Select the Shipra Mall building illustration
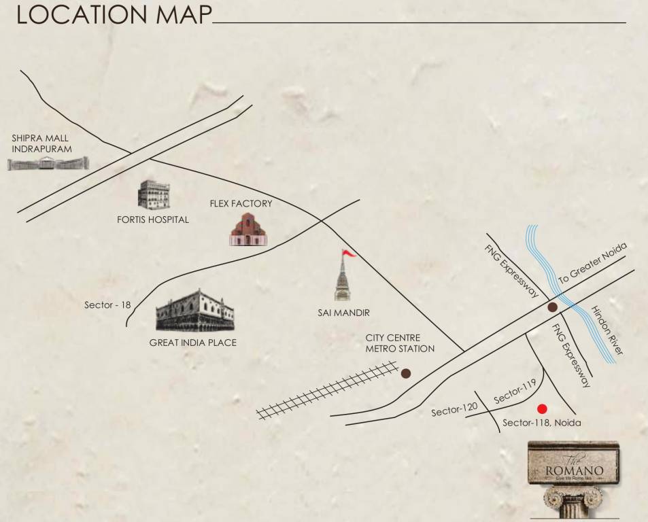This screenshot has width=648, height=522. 48,163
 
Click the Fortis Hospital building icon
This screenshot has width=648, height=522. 152,195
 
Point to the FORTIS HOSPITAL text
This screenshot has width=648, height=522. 153,220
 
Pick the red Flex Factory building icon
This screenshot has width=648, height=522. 248,229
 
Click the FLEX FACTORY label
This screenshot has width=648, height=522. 241,203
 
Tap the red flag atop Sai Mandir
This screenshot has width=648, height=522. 349,254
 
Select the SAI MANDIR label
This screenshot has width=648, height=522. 343,313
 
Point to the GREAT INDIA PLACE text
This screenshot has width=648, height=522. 193,343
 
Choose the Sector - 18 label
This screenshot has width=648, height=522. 107,305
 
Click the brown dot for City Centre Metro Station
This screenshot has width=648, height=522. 406,373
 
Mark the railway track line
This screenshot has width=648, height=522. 327,391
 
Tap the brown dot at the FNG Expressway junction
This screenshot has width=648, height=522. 553,307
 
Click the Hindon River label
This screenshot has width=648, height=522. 607,330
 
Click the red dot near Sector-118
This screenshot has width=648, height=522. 542,408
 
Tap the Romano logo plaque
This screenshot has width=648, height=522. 573,464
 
